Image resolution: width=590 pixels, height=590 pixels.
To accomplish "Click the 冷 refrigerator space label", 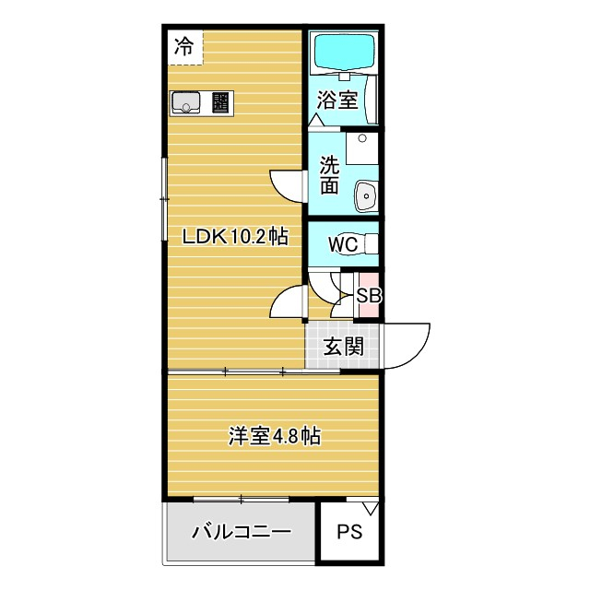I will (185, 47).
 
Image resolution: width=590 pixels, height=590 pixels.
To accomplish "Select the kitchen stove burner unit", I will (222, 102).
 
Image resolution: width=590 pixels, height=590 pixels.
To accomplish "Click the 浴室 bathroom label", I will (337, 100).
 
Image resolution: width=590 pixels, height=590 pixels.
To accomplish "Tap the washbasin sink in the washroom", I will (366, 195).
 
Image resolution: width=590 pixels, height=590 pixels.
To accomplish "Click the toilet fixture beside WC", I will (371, 244).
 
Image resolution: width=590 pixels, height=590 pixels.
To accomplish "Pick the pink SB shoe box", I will (369, 296).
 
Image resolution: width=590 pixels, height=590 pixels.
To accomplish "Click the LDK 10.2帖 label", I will (235, 237).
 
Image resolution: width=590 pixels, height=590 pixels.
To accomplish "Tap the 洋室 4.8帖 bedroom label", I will (274, 436).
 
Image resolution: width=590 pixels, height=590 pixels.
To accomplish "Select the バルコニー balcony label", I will (242, 532).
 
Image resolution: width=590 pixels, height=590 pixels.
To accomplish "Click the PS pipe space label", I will (348, 532).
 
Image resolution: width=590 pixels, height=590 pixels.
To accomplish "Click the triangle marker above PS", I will (371, 507).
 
